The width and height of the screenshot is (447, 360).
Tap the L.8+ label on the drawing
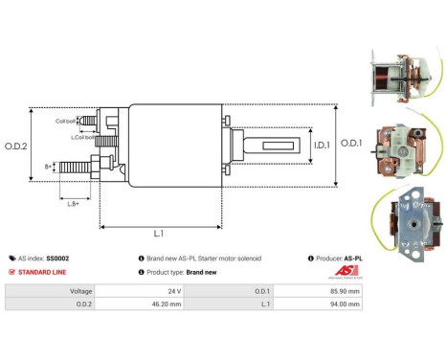74,203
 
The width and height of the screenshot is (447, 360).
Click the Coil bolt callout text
64,121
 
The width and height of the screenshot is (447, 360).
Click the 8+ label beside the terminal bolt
49,166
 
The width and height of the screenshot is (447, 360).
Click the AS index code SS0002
58,259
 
